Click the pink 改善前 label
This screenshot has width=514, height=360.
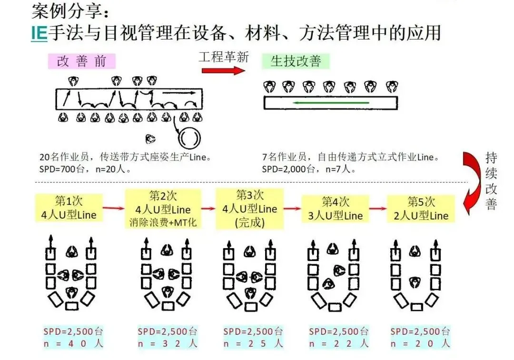82,61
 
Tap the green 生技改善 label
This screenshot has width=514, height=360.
296,61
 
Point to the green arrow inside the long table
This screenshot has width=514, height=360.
330,102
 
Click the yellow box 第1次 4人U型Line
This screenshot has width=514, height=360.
69,208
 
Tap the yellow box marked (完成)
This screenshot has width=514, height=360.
249,209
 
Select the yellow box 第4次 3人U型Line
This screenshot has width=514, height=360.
336,209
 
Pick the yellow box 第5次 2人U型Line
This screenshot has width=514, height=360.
421,209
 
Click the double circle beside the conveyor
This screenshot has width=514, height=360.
189,138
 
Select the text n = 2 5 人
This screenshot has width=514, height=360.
253,343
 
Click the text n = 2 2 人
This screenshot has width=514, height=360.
338,343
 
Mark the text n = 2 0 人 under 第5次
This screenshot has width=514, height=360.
420,343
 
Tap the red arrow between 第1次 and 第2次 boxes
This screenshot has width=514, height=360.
113,208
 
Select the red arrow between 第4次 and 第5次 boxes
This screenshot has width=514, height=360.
378,208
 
